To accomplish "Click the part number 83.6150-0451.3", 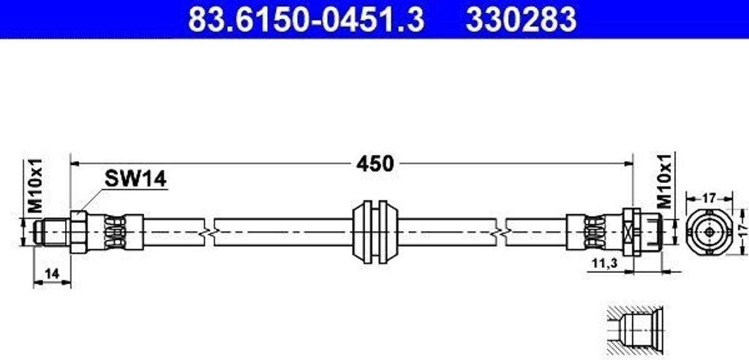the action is click(x=306, y=19).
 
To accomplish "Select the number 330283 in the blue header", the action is click(x=521, y=19).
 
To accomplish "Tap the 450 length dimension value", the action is click(x=375, y=164).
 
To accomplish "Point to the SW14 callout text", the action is click(x=135, y=179).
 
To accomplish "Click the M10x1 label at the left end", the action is click(x=35, y=186).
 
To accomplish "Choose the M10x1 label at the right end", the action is click(x=666, y=180).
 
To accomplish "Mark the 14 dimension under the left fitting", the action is click(x=52, y=274).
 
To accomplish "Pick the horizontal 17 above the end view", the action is click(x=710, y=197).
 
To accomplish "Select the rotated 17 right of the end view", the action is click(x=741, y=232).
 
